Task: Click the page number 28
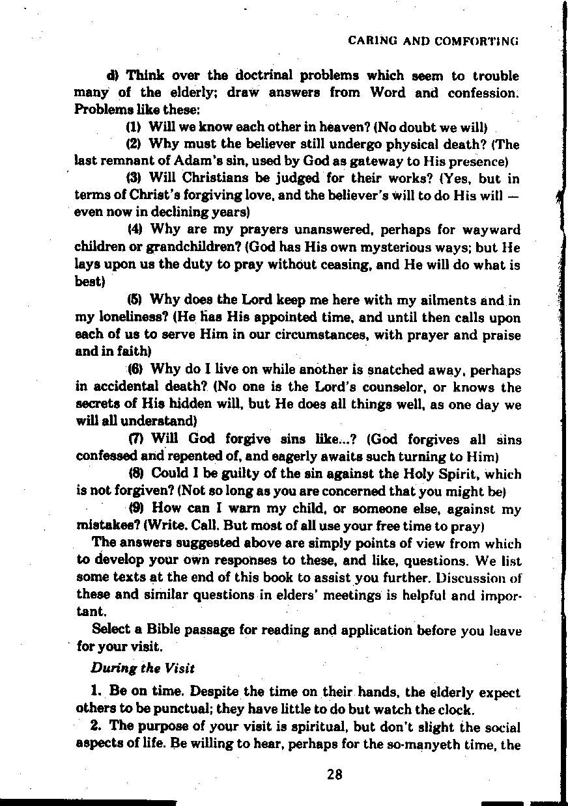point(335,774)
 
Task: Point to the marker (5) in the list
point(135,301)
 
